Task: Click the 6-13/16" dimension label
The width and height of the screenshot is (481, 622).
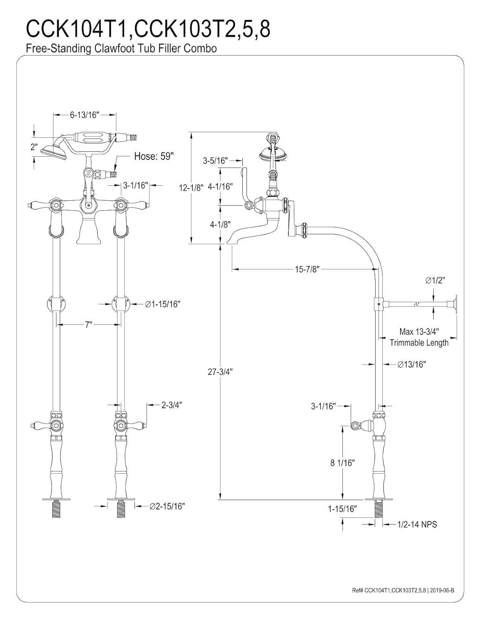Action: coord(84,115)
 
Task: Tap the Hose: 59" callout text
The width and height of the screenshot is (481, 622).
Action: coord(154,156)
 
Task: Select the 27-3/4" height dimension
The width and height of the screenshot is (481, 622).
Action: coord(220,372)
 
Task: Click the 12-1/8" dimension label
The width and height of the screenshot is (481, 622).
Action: coord(191,187)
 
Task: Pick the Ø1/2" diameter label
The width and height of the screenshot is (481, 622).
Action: coord(435,281)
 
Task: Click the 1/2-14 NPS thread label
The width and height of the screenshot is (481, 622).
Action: coord(417,525)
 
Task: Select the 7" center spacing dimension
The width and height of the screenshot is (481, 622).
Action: coord(88,325)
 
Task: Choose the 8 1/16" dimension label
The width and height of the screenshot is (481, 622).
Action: coord(342,463)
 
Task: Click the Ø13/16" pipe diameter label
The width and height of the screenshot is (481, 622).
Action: coord(412,364)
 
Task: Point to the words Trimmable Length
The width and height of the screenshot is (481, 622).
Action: coord(419,343)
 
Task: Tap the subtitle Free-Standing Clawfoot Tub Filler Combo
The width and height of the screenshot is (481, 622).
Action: coord(121,49)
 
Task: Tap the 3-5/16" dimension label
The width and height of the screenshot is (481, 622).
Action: coord(215,160)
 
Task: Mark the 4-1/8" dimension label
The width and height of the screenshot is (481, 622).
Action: coord(220,224)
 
